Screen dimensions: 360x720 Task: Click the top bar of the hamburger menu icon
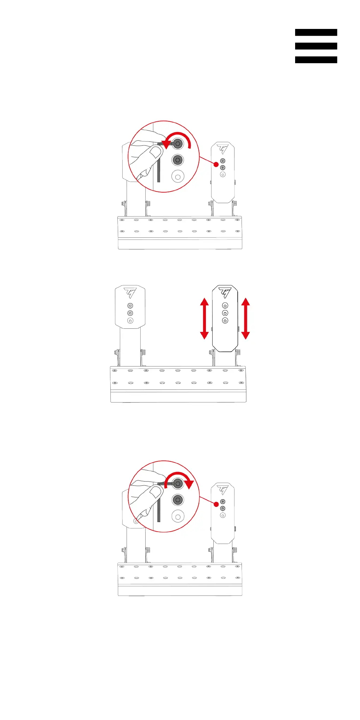click(316, 32)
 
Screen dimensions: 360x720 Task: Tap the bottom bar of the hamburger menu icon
click(316, 60)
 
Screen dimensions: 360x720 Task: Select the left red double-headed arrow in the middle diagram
click(205, 318)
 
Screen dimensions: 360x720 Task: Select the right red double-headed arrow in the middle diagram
click(246, 318)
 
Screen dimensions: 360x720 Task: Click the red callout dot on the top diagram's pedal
click(216, 164)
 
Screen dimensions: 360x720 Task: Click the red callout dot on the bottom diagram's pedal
click(216, 504)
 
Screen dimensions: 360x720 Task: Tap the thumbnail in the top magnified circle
click(155, 153)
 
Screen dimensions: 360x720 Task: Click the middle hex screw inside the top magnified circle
click(178, 160)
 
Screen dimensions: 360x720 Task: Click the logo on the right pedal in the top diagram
click(223, 149)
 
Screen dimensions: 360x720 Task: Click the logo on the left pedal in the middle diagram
click(130, 293)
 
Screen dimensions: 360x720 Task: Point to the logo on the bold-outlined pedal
click(225, 293)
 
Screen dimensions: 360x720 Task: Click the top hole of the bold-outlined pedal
click(225, 305)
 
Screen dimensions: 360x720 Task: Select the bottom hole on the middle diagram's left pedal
click(130, 321)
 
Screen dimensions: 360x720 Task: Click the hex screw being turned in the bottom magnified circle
click(178, 484)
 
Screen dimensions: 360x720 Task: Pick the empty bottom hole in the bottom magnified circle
click(178, 516)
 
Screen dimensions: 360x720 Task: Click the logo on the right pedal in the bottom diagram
click(223, 490)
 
